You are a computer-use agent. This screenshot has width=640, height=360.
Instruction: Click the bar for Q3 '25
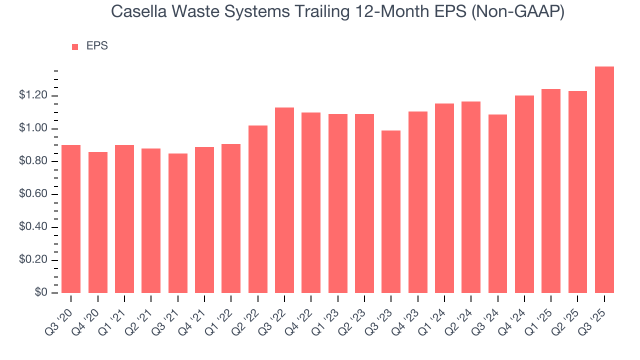[x=604, y=180]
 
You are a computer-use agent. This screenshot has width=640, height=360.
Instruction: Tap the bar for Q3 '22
[x=284, y=200]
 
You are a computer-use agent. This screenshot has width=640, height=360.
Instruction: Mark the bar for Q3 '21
[x=177, y=223]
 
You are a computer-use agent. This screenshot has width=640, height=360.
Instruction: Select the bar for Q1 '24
[x=444, y=198]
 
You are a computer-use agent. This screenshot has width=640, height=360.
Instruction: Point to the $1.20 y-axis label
[x=33, y=96]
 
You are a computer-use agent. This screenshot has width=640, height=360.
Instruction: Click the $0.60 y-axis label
[x=33, y=194]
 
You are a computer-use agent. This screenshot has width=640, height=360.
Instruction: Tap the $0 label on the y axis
[x=40, y=293]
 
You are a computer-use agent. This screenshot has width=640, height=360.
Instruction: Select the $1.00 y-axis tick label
[x=33, y=129]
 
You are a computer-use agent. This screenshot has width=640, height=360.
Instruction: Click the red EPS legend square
[x=75, y=46]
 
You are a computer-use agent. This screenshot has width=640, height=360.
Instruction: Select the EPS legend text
[x=97, y=46]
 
